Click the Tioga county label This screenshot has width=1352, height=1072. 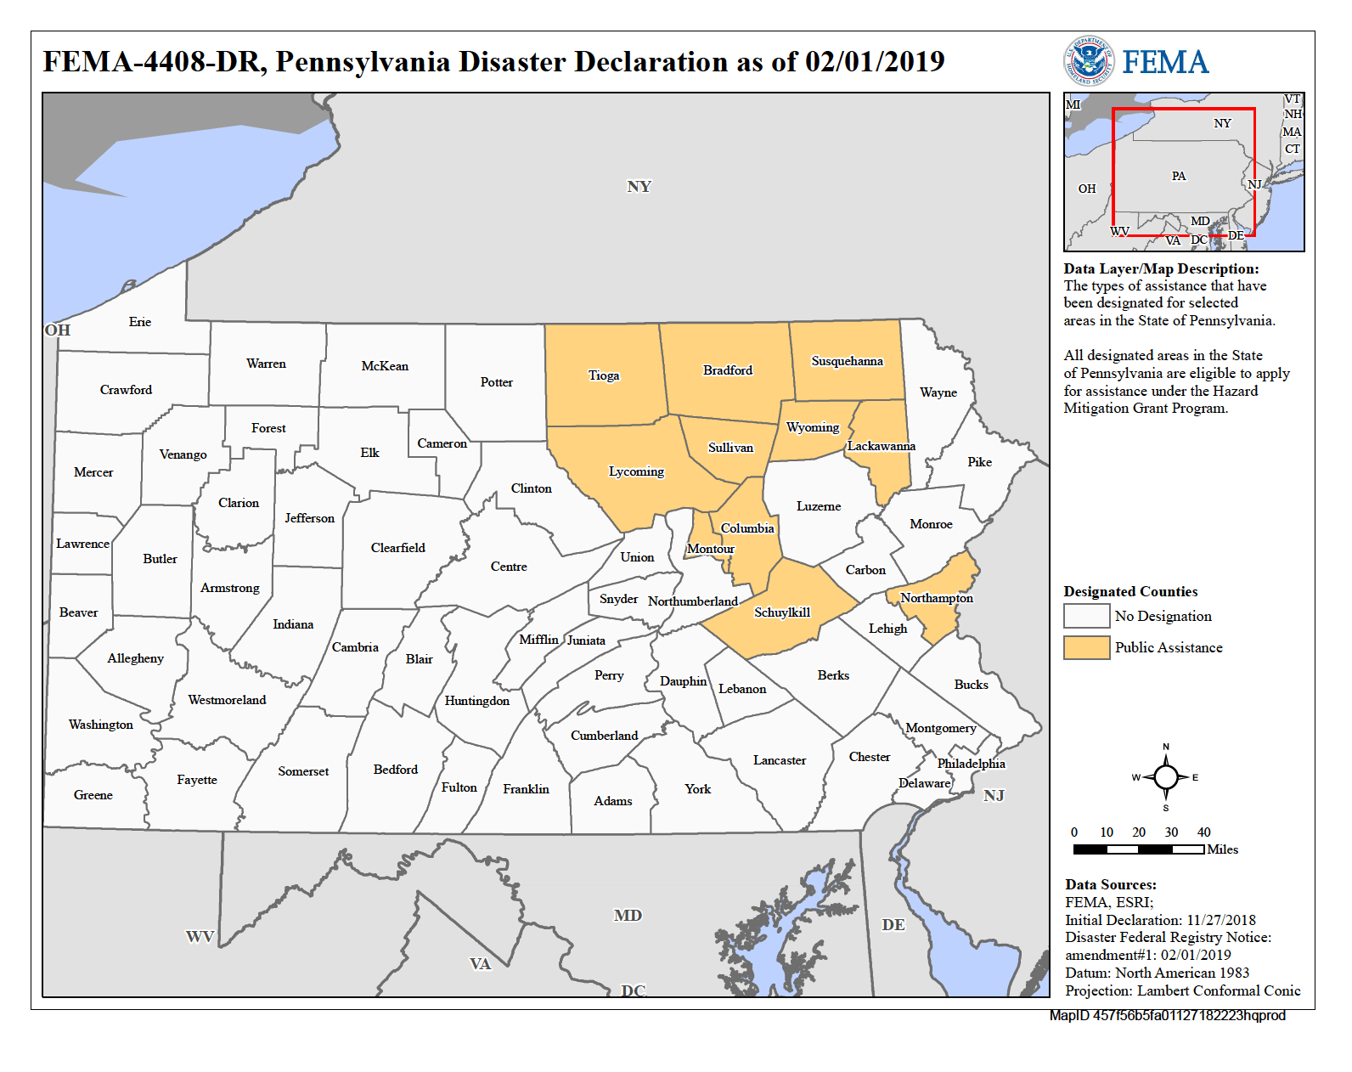(604, 375)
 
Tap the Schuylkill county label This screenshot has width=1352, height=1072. (782, 612)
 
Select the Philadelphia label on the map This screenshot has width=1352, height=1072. (971, 764)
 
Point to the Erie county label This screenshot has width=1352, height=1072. (140, 322)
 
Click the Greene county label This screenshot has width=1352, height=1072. (93, 795)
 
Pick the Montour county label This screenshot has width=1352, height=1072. (711, 549)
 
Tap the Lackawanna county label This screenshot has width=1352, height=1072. (882, 446)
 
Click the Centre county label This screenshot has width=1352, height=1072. (509, 567)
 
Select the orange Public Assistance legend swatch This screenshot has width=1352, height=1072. (1086, 647)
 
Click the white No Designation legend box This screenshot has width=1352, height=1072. (1086, 616)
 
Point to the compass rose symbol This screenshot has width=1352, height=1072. (1166, 777)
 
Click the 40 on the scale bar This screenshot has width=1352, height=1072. (1203, 832)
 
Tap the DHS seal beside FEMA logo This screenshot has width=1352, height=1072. (1089, 61)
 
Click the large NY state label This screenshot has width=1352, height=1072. (639, 187)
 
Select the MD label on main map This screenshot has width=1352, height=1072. (628, 916)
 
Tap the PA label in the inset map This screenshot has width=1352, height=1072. (1179, 177)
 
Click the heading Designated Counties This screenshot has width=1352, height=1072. (1130, 592)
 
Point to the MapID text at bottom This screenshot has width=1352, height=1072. (1167, 1016)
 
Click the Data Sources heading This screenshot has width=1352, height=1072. (1111, 885)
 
